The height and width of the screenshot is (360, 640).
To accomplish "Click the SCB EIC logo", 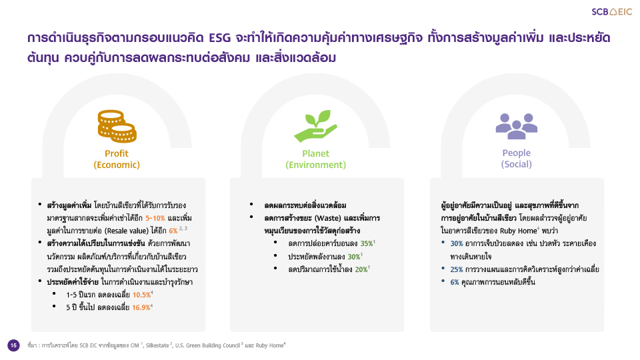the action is [611, 12].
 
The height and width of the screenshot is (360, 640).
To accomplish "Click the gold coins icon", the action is [117, 126].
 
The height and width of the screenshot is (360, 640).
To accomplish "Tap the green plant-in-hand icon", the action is [315, 126].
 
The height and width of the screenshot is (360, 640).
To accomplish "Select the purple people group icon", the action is [516, 126].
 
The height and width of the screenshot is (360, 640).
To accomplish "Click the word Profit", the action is [116, 153].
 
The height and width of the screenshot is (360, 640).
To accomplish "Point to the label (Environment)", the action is [315, 165].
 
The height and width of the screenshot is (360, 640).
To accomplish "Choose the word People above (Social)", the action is [516, 153].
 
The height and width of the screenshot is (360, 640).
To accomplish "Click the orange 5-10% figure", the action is [155, 218].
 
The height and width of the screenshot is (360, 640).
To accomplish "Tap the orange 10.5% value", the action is [141, 295].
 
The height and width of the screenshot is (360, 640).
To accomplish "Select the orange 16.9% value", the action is [141, 307].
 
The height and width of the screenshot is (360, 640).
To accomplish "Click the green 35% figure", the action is [367, 244].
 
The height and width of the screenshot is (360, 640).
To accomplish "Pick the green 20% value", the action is [361, 269].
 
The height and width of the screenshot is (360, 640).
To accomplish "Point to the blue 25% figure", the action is [456, 269].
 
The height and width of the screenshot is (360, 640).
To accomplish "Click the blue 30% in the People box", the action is [456, 244].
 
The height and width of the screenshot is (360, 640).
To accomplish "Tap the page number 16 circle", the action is [13, 345].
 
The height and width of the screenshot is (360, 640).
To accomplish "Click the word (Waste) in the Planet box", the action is [327, 218].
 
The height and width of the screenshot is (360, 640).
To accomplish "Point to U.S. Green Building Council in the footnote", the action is [207, 346].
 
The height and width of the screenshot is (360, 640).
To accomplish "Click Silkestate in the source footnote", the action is [157, 346].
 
